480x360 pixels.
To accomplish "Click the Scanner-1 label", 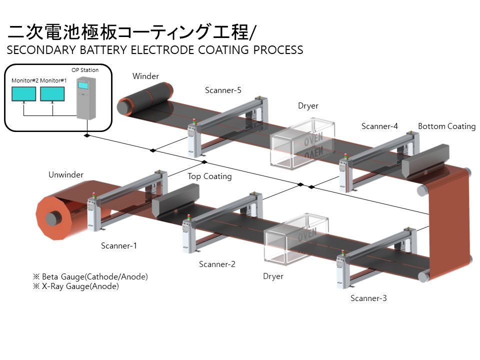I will [x=119, y=245].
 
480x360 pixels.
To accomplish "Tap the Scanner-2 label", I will [x=217, y=264].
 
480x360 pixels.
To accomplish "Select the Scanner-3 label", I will [x=368, y=298].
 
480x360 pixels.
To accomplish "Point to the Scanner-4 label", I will [x=379, y=126].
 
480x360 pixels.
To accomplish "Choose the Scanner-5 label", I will [x=223, y=90].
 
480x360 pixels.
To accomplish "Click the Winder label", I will [x=145, y=76].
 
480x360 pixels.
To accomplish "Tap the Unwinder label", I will [x=66, y=175].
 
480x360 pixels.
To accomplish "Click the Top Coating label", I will [x=209, y=176].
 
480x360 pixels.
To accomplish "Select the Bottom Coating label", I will [x=446, y=126].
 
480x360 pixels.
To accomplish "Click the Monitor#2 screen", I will [x=24, y=94].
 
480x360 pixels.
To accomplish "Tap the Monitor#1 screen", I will [x=52, y=94].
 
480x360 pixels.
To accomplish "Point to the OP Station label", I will [x=85, y=70].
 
